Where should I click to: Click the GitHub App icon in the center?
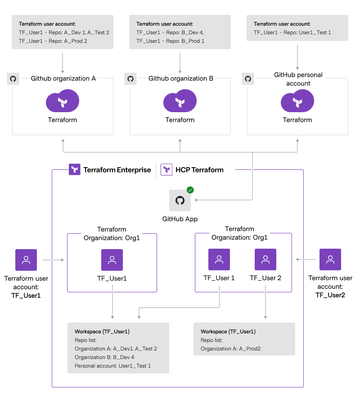click(x=180, y=200)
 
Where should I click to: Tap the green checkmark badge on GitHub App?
click(x=190, y=190)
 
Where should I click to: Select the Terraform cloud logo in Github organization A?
click(x=63, y=101)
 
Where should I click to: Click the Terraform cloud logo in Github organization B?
click(x=180, y=101)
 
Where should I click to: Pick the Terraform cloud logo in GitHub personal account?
click(x=297, y=101)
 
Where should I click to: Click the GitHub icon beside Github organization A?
click(x=13, y=79)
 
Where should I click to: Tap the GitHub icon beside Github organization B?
click(x=130, y=79)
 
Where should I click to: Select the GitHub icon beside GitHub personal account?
click(x=248, y=79)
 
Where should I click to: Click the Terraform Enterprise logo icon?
click(x=75, y=170)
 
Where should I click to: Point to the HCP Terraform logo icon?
click(x=167, y=170)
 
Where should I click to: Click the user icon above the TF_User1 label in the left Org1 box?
click(x=112, y=260)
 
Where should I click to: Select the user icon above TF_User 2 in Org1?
click(x=265, y=260)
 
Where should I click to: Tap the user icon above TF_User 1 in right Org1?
click(x=219, y=260)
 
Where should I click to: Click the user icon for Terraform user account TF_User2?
click(x=330, y=259)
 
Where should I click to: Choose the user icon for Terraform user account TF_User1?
click(x=26, y=260)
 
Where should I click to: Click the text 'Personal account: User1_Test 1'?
click(x=112, y=366)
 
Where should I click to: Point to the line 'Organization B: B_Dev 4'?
click(x=104, y=357)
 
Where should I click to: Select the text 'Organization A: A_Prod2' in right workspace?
click(x=230, y=349)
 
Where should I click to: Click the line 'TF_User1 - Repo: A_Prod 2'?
click(x=53, y=41)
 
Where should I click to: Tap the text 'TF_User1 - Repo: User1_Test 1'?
click(x=292, y=32)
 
